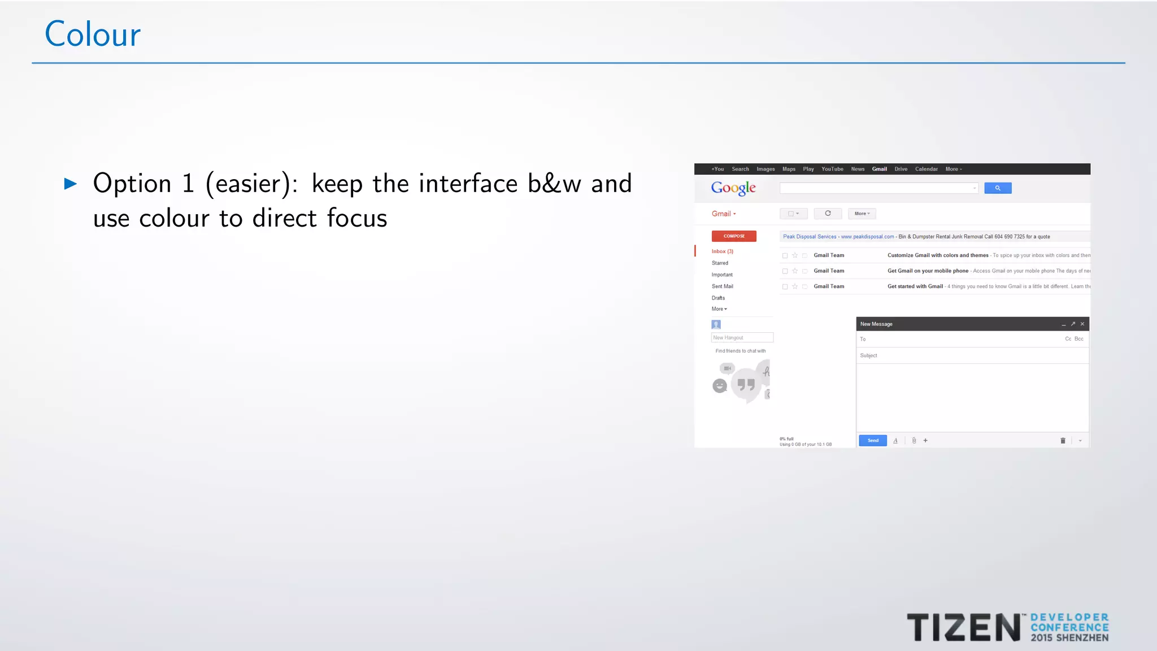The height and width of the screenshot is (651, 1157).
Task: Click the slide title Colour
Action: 93,34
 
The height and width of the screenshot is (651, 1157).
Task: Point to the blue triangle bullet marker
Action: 71,184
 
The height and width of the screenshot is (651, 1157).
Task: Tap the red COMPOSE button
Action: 734,236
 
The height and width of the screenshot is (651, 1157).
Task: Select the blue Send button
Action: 873,441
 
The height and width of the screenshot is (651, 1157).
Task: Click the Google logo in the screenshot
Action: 733,188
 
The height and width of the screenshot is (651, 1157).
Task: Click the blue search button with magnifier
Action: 998,188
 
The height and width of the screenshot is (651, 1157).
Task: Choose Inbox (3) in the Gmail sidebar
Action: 722,251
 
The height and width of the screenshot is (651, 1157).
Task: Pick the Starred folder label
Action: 720,263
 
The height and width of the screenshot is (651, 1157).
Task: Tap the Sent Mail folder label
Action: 722,287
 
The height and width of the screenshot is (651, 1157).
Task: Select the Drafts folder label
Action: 718,298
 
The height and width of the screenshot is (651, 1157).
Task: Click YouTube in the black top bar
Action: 832,169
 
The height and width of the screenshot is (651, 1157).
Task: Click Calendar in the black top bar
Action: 926,169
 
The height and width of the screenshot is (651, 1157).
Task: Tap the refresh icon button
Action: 828,214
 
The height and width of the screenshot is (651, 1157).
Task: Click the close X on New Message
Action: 1082,324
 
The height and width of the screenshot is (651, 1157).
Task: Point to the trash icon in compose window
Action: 1063,441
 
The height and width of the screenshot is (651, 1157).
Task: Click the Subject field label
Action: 868,356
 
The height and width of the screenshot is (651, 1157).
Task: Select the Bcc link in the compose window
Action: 1079,339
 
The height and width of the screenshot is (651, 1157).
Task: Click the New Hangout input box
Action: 742,338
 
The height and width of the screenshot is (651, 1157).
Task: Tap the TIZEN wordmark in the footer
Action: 963,628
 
